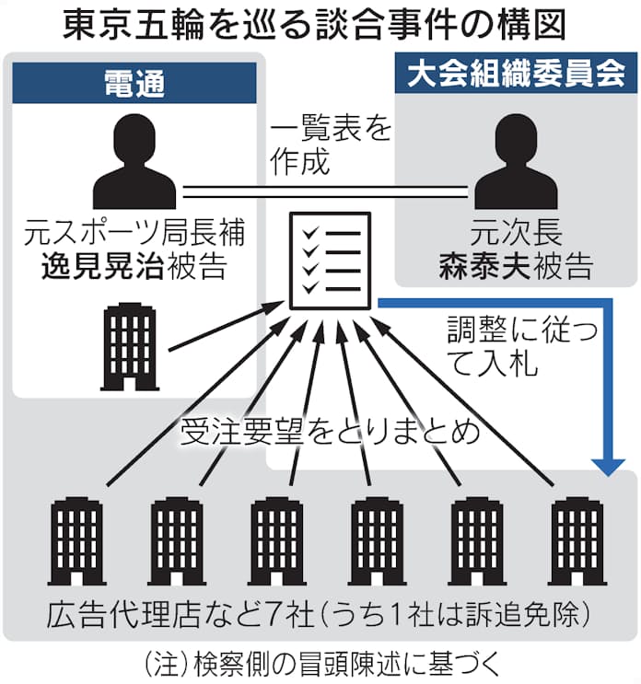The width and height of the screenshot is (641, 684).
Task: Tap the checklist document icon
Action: coord(331,261)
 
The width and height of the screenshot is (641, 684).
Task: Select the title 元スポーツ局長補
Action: coord(134,235)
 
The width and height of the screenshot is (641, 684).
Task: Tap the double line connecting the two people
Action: coord(328,192)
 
